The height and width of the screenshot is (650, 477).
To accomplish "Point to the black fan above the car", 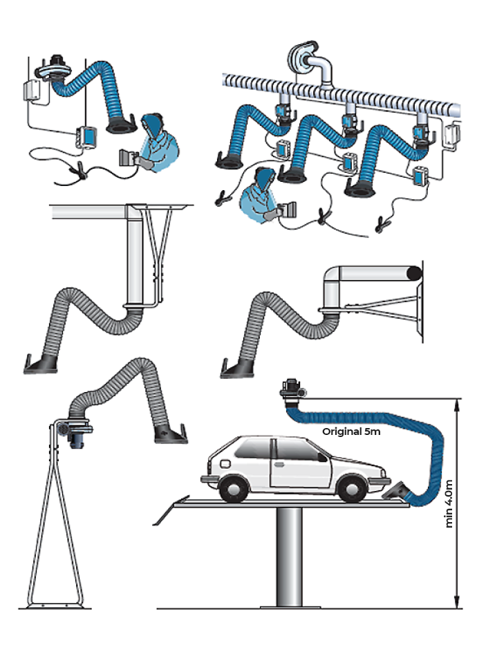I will (x=291, y=391).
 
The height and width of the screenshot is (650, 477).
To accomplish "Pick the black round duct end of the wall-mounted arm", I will (x=414, y=274).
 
